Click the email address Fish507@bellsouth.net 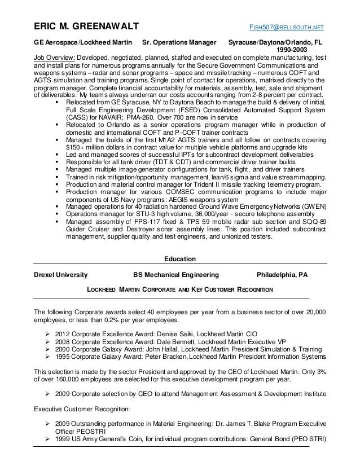point(287,28)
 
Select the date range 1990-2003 point(292,50)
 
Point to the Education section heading point(179,260)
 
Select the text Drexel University point(61,275)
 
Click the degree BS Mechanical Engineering point(175,275)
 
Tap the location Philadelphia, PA point(282,275)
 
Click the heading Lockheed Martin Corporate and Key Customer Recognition point(179,290)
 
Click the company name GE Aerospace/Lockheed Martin point(84,43)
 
